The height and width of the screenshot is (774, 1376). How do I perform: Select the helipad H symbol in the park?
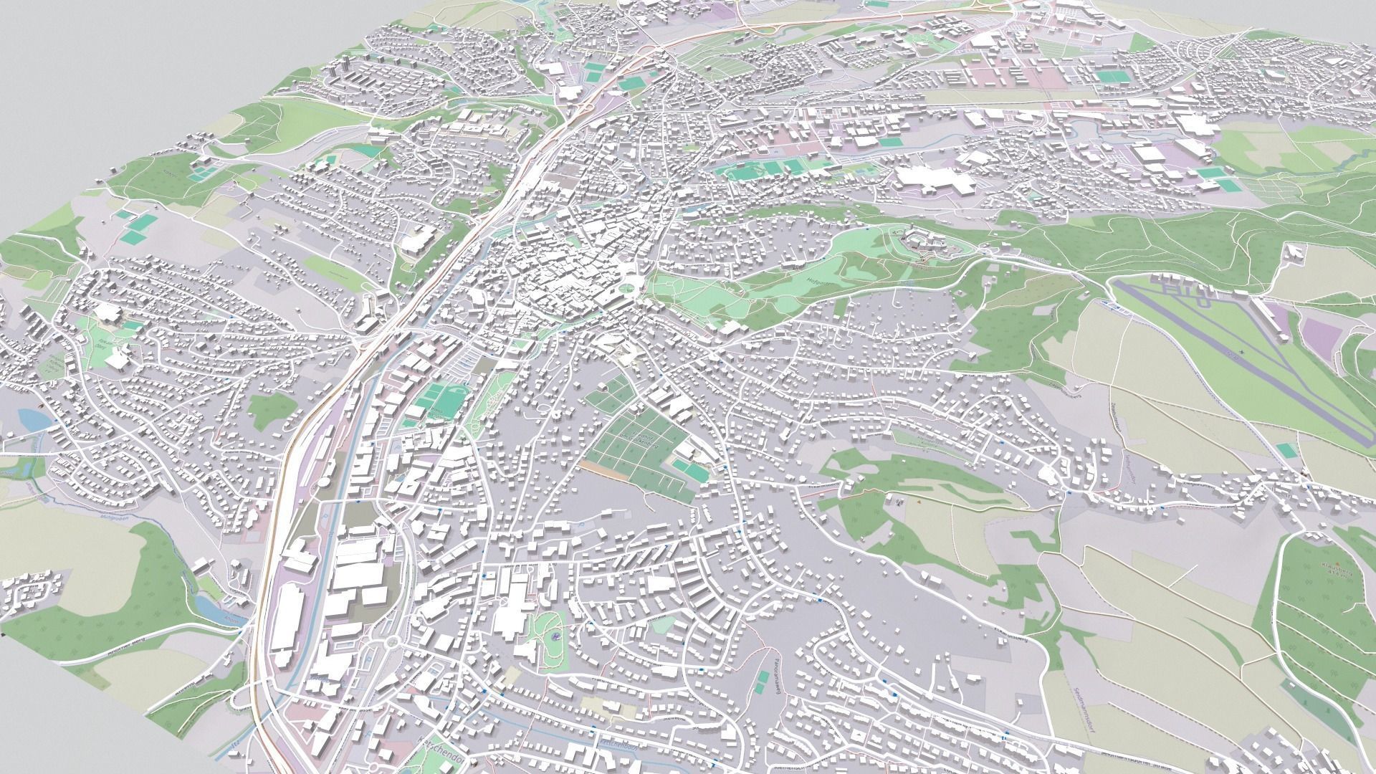click(556, 634)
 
